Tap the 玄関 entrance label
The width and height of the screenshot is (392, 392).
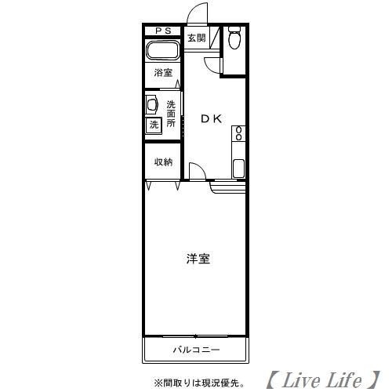pos(195,37)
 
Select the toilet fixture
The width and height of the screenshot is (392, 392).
pos(234,38)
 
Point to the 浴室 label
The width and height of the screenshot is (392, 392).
pos(162,73)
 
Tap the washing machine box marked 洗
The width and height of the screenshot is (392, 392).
pos(154,124)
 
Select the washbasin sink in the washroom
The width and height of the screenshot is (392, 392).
pos(151,105)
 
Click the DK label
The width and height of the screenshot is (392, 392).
pos(211,119)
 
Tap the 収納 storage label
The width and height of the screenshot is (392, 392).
pos(162,162)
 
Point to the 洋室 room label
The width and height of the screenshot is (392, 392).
pos(198,258)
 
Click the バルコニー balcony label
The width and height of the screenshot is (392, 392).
pos(196,350)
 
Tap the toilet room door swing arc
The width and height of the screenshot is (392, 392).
pos(212,66)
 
